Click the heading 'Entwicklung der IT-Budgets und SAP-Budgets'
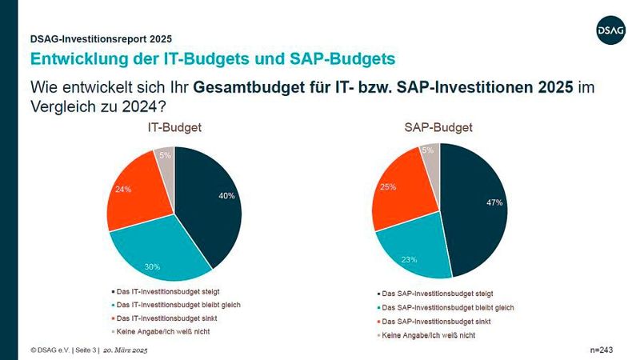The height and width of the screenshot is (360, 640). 212,58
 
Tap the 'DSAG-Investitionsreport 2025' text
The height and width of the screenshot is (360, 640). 101,38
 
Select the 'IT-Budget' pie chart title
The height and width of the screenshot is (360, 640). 174,128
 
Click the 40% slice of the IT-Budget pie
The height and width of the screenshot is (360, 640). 212,200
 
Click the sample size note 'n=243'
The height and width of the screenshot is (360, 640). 600,350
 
